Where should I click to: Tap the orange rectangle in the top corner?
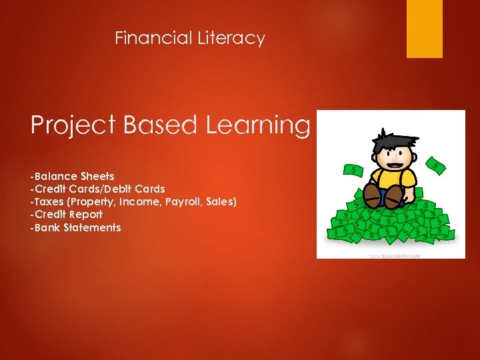tap(425, 29)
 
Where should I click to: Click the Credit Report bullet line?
tap(66, 215)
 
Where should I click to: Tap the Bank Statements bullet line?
tap(75, 227)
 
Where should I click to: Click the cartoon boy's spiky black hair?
tap(390, 140)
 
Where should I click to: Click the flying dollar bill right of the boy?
tap(436, 166)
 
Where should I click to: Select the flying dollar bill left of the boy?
tap(353, 171)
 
